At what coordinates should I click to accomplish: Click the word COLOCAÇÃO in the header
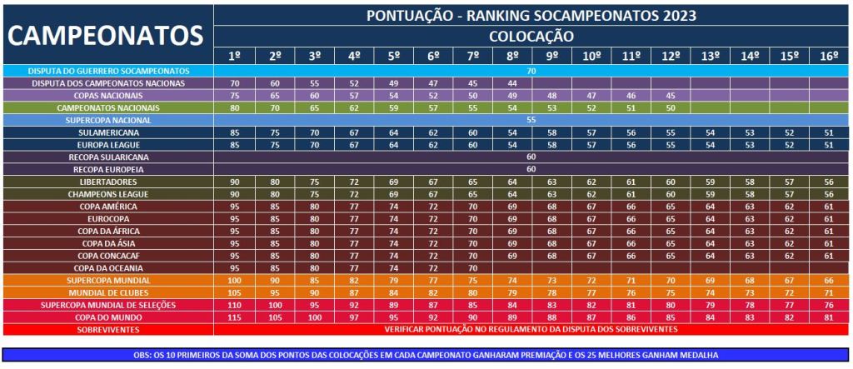[531, 36]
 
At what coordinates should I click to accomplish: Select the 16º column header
[829, 56]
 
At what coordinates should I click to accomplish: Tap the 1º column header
[235, 56]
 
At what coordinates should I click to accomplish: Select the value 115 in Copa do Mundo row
[235, 317]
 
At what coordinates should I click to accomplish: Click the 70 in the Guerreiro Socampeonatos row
[531, 72]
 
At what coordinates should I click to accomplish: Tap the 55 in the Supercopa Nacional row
[531, 121]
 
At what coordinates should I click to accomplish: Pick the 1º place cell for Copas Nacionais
[235, 96]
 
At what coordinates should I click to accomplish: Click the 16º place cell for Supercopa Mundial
[829, 281]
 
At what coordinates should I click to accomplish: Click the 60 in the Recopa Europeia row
[531, 169]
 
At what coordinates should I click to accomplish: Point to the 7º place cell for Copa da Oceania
[472, 268]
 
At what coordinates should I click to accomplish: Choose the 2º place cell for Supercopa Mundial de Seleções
[275, 305]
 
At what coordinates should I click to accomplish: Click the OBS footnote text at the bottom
[426, 354]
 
